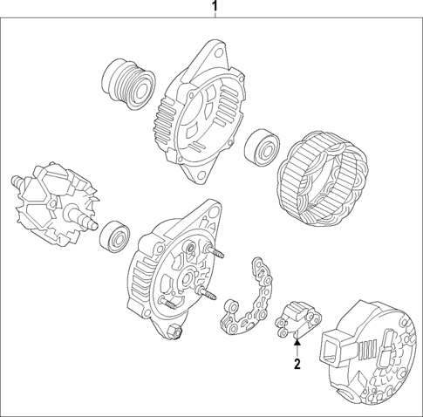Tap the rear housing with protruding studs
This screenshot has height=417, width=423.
(x=174, y=270)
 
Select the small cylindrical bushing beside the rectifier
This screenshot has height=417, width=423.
(x=232, y=307)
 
